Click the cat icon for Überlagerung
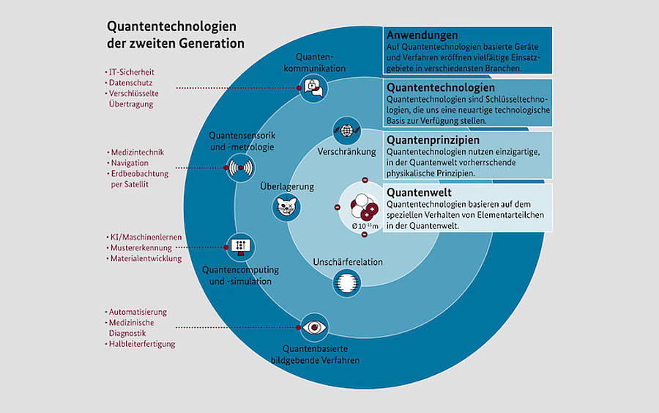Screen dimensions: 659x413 286,207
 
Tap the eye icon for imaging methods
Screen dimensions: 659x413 314,327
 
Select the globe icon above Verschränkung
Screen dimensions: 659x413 347,131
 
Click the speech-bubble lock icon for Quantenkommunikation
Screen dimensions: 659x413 313,88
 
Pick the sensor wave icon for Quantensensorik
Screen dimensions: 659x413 240,167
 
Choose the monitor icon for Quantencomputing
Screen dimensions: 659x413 240,246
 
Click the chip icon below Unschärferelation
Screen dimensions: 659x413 347,282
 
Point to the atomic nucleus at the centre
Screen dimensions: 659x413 364,207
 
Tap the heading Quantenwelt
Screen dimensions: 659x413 419,192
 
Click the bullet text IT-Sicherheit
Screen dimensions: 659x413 132,72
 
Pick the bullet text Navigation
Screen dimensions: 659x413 130,163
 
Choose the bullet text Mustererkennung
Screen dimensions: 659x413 141,248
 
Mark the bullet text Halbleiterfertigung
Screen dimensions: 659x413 142,344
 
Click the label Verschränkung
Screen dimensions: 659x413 347,152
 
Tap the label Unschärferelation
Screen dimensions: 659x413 348,262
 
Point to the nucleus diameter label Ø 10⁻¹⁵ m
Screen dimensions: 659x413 365,226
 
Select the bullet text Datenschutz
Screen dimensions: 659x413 131,83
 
